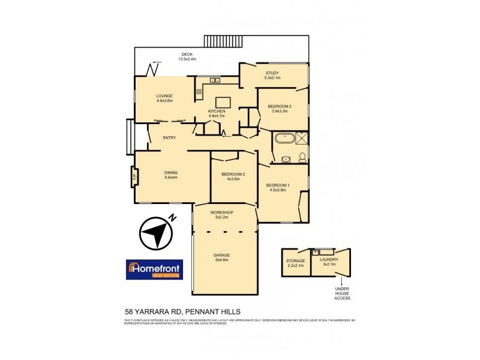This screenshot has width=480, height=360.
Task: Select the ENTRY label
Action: point(169,138)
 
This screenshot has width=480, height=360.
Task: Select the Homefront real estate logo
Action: point(154,270)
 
